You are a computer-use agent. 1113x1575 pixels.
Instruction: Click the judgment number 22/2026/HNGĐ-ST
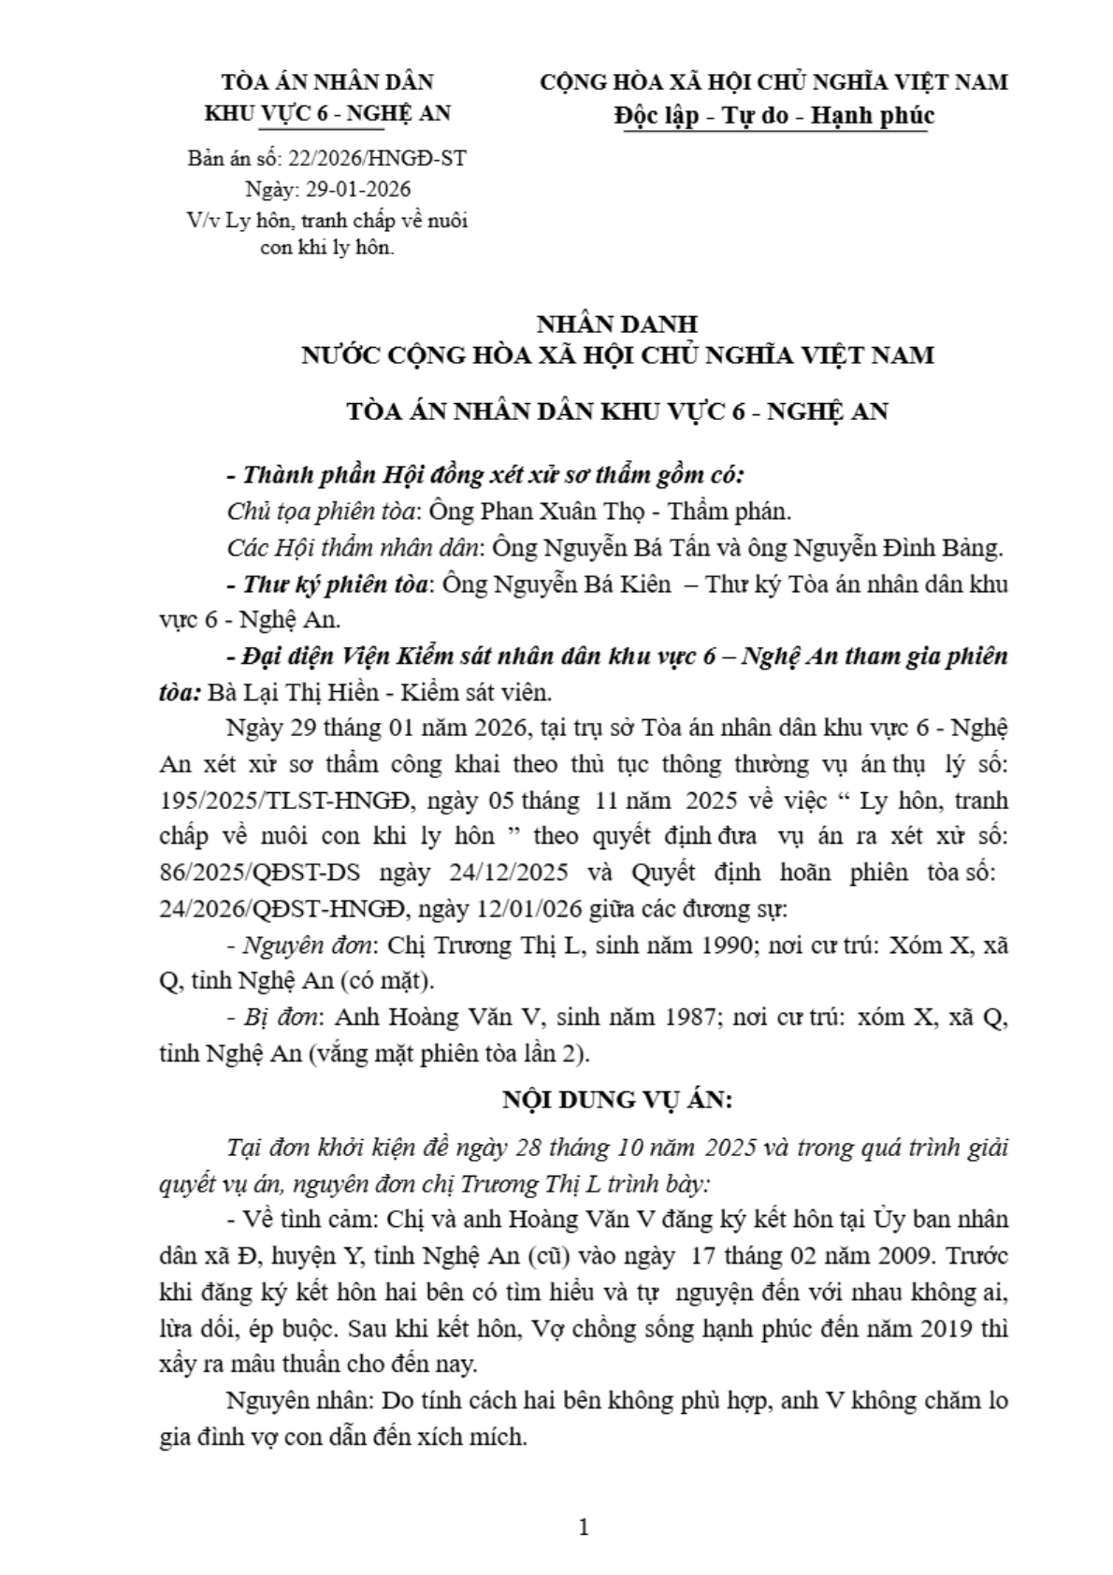pyautogui.click(x=377, y=158)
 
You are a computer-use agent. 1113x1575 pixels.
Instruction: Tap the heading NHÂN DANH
pyautogui.click(x=616, y=324)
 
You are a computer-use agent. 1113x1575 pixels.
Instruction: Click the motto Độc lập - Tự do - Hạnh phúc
pyautogui.click(x=773, y=115)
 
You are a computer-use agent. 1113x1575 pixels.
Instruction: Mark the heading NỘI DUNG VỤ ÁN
pyautogui.click(x=617, y=1099)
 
